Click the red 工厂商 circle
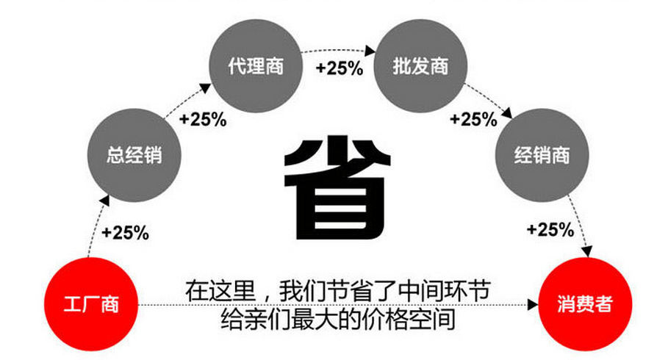point(90,303)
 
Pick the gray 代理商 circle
point(254,67)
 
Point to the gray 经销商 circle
point(541,156)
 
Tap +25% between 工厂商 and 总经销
point(126,234)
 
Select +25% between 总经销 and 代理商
point(203,119)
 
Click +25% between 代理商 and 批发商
point(339,68)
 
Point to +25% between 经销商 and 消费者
point(550,229)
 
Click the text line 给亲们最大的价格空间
point(339,320)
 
